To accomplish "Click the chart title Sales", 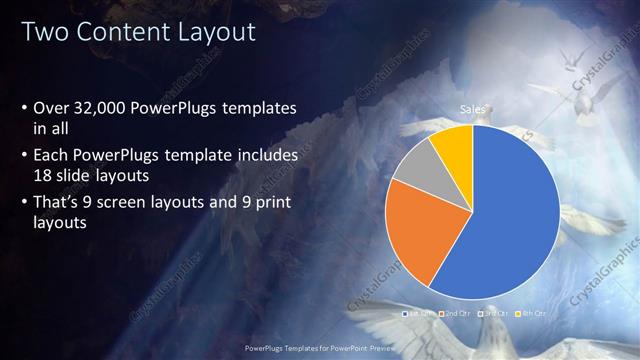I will [x=472, y=108].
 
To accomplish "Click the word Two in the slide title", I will [x=46, y=32].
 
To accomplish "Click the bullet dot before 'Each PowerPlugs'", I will [x=25, y=155].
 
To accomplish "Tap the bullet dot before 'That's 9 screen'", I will [x=25, y=201].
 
